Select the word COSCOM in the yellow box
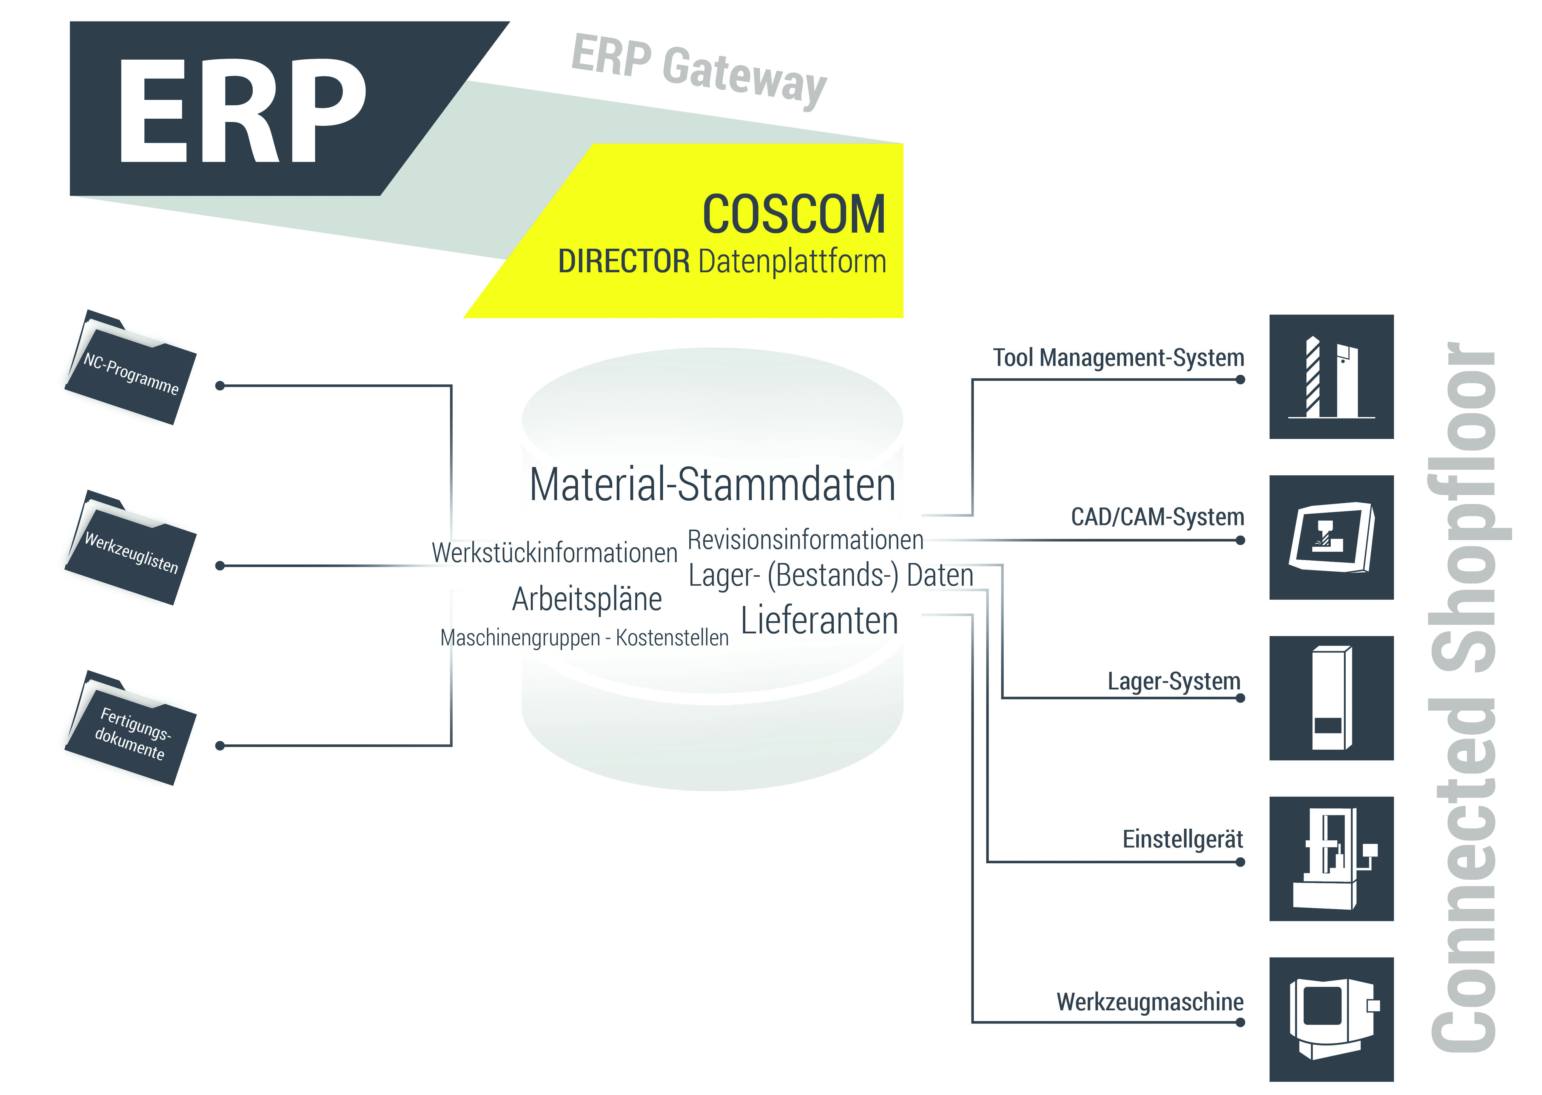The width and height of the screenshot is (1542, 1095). coord(793,214)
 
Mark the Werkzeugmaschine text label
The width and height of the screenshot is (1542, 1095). coord(1149,1002)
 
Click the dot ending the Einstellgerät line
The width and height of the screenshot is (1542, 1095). coord(1240,862)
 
